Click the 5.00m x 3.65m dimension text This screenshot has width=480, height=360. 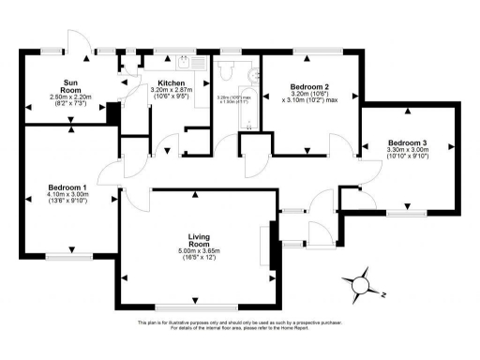[x=195, y=250]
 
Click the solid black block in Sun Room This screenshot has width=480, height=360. [x=112, y=112]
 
